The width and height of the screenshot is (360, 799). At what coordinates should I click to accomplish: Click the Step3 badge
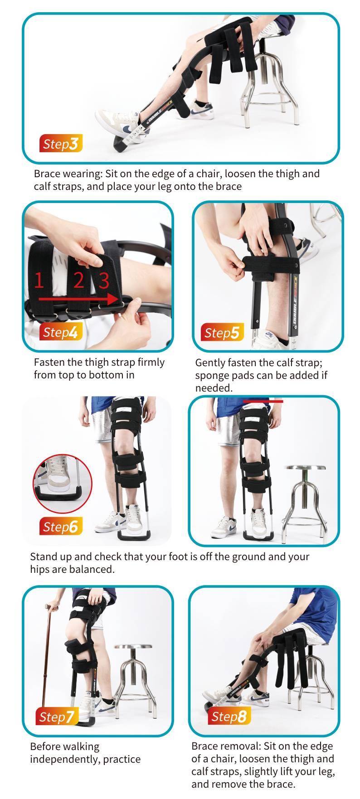pos(61,144)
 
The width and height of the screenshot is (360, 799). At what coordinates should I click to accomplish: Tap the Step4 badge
pos(61,332)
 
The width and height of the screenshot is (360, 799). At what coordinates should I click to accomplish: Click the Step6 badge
pos(61,527)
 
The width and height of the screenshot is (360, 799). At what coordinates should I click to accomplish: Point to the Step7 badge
pos(57,717)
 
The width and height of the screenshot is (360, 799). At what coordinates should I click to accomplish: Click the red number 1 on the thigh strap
pos(39,281)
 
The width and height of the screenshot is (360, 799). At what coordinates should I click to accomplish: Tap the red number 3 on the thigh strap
pos(104,281)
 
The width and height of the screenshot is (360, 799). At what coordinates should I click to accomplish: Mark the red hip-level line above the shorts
pos(263,401)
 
